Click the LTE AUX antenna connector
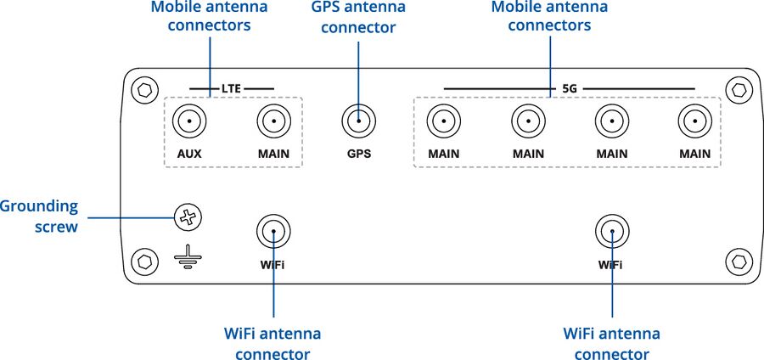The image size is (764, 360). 188,122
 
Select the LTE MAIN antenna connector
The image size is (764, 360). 273,122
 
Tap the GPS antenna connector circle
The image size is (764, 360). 358,122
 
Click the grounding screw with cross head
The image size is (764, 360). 187,218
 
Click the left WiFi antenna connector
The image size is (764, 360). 272,231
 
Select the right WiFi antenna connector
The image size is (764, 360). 611,231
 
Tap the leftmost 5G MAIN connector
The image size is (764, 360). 443,122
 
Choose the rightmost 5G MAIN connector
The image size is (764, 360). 694,122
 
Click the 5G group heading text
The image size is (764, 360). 570,88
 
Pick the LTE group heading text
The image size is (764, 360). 232,88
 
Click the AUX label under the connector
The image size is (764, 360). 188,155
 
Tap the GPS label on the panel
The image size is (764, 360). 358,155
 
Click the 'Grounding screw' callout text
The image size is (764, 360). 40,217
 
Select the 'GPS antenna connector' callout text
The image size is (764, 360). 358,17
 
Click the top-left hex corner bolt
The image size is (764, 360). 144,88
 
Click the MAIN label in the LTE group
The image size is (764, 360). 273,155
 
